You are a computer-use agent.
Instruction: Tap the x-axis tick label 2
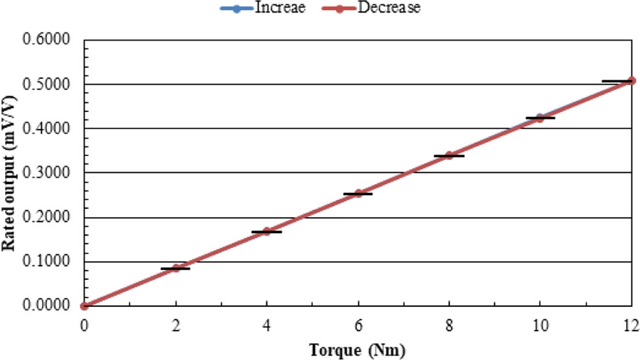point(175,325)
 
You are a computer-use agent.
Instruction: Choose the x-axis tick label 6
point(358,325)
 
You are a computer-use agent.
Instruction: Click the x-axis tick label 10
point(540,325)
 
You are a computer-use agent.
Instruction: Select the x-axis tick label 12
point(630,325)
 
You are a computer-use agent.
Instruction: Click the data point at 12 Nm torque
point(631,80)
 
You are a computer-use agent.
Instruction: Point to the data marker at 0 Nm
point(85,306)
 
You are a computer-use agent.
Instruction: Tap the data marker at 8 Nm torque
point(449,155)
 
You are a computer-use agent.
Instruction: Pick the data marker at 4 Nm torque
point(266,231)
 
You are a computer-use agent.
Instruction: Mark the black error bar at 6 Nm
point(358,194)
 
